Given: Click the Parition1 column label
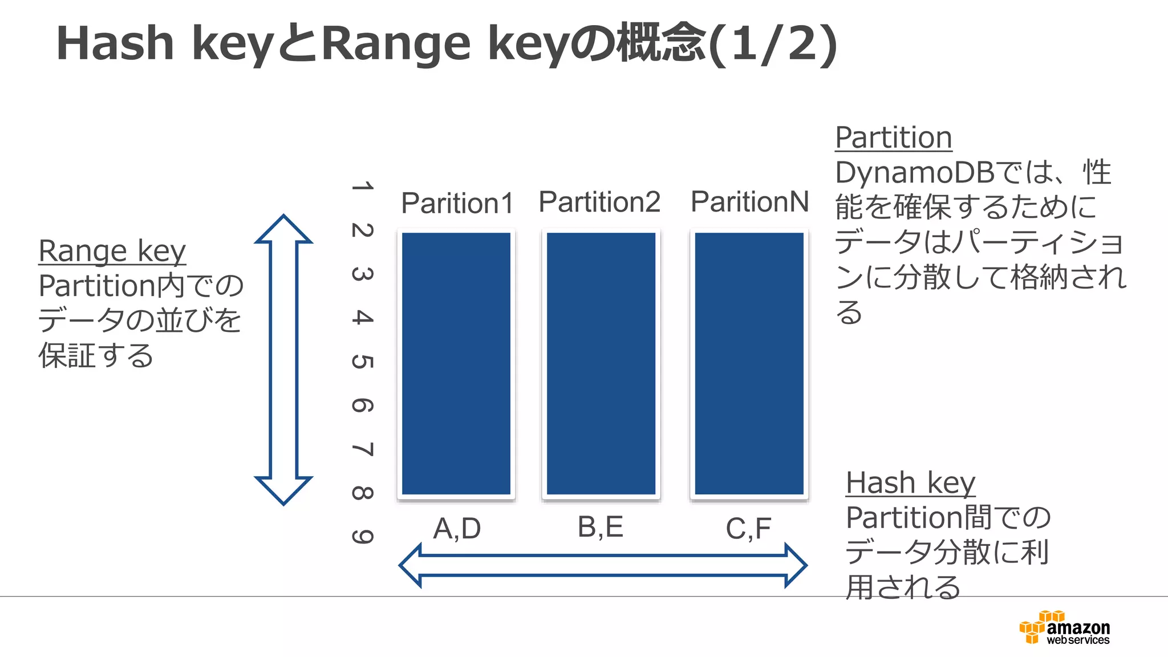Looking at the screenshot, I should pyautogui.click(x=457, y=203).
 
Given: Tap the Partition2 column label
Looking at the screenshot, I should pyautogui.click(x=599, y=202).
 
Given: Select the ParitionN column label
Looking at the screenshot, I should pyautogui.click(x=749, y=202).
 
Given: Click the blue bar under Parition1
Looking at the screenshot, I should pyautogui.click(x=456, y=363).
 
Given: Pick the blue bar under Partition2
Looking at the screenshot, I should pyautogui.click(x=601, y=363).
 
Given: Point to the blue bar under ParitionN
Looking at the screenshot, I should pyautogui.click(x=749, y=363).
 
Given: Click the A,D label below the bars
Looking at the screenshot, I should pyautogui.click(x=457, y=529).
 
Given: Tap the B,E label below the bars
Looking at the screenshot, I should pyautogui.click(x=601, y=527).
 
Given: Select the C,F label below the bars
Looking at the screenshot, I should pyautogui.click(x=748, y=529).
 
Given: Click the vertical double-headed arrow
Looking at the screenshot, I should pyautogui.click(x=283, y=359).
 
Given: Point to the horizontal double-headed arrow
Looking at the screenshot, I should pyautogui.click(x=603, y=565).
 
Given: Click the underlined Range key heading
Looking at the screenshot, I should pyautogui.click(x=112, y=251).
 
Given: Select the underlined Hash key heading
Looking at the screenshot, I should pyautogui.click(x=910, y=483).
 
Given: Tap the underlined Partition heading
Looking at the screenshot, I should pyautogui.click(x=893, y=137).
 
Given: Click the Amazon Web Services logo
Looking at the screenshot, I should pyautogui.click(x=1064, y=628).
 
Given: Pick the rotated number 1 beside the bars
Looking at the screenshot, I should pyautogui.click(x=363, y=186).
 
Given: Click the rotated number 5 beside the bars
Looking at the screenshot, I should pyautogui.click(x=363, y=362).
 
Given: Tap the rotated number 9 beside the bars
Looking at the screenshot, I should pyautogui.click(x=363, y=536).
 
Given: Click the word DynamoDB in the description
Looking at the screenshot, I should pyautogui.click(x=915, y=173).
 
